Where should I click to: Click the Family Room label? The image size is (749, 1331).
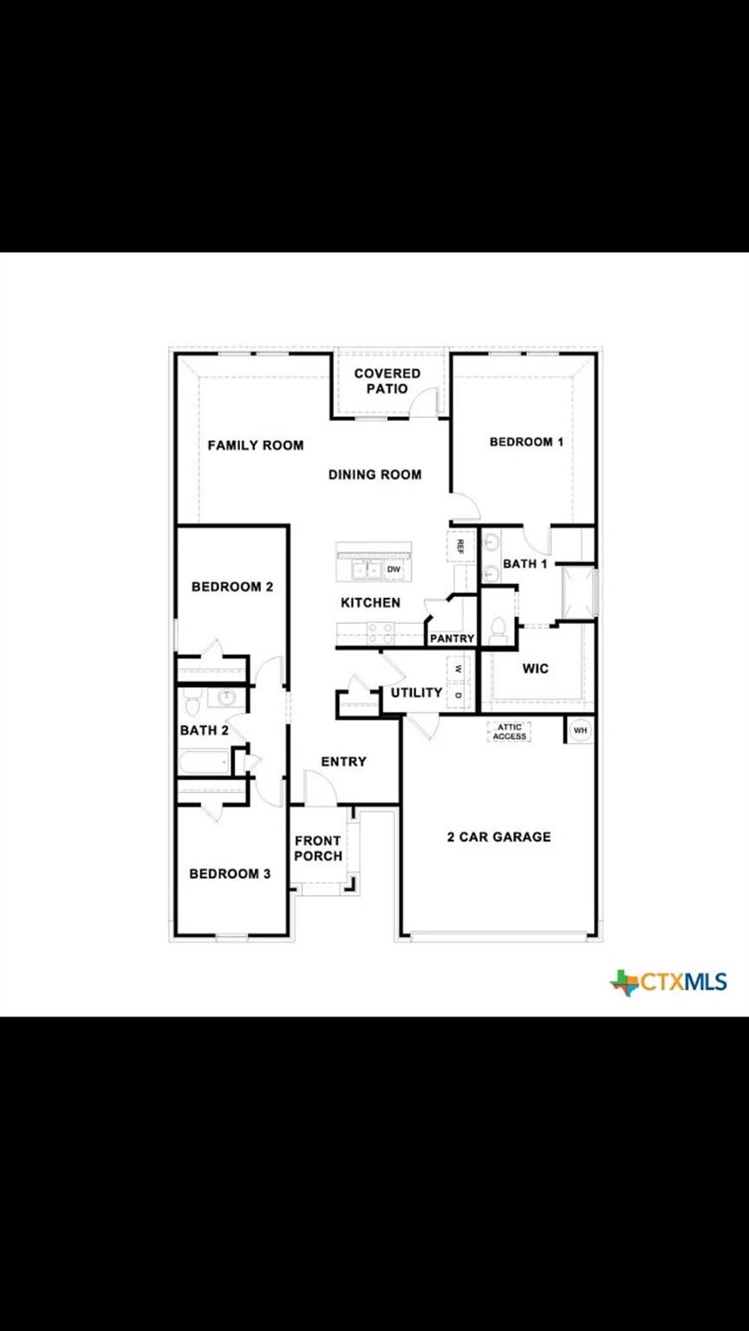point(255,445)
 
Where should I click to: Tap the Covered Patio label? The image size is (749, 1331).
point(387,381)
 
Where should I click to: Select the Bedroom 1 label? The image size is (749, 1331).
point(526,442)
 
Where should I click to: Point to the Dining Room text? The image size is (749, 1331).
point(374,474)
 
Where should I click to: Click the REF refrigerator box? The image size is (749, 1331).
point(460,546)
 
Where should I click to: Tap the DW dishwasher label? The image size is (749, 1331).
point(394,569)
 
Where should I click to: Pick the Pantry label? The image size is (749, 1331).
point(453,639)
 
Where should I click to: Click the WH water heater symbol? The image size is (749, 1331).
point(580,730)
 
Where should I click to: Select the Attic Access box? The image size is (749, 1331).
point(510,731)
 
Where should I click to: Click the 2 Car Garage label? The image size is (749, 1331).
point(498,837)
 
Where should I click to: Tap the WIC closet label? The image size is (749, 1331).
point(535,669)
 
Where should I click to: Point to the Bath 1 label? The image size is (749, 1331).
point(525,564)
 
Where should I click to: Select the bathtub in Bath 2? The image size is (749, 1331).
point(205,763)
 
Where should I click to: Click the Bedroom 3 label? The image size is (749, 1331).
point(230,873)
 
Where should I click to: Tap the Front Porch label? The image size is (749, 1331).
point(318,848)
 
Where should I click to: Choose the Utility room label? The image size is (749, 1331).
point(416,693)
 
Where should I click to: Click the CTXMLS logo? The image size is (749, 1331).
point(668,982)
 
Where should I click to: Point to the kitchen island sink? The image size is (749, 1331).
point(364,570)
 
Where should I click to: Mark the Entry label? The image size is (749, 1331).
point(343,762)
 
